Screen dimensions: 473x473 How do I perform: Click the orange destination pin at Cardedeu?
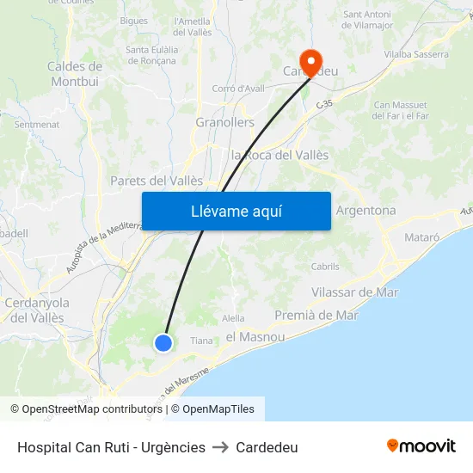310,60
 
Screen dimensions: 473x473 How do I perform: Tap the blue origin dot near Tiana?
163,343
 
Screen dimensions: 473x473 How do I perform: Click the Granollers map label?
225,122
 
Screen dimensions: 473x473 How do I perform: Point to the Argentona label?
365,211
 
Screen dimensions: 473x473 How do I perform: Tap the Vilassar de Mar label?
354,292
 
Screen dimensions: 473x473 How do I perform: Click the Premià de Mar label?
316,316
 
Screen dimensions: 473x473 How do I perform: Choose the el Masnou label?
255,337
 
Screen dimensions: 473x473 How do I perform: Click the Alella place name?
234,318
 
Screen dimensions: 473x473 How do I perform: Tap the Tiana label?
201,341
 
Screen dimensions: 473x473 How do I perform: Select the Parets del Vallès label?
157,181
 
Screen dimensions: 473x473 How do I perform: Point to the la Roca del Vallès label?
280,155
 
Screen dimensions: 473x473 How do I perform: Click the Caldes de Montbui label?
75,74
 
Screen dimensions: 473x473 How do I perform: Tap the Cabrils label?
325,267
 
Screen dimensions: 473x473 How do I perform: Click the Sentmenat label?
37,125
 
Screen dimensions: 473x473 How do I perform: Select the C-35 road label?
324,104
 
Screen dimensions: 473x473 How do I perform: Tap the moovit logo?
421,446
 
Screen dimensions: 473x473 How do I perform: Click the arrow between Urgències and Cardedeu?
220,447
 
